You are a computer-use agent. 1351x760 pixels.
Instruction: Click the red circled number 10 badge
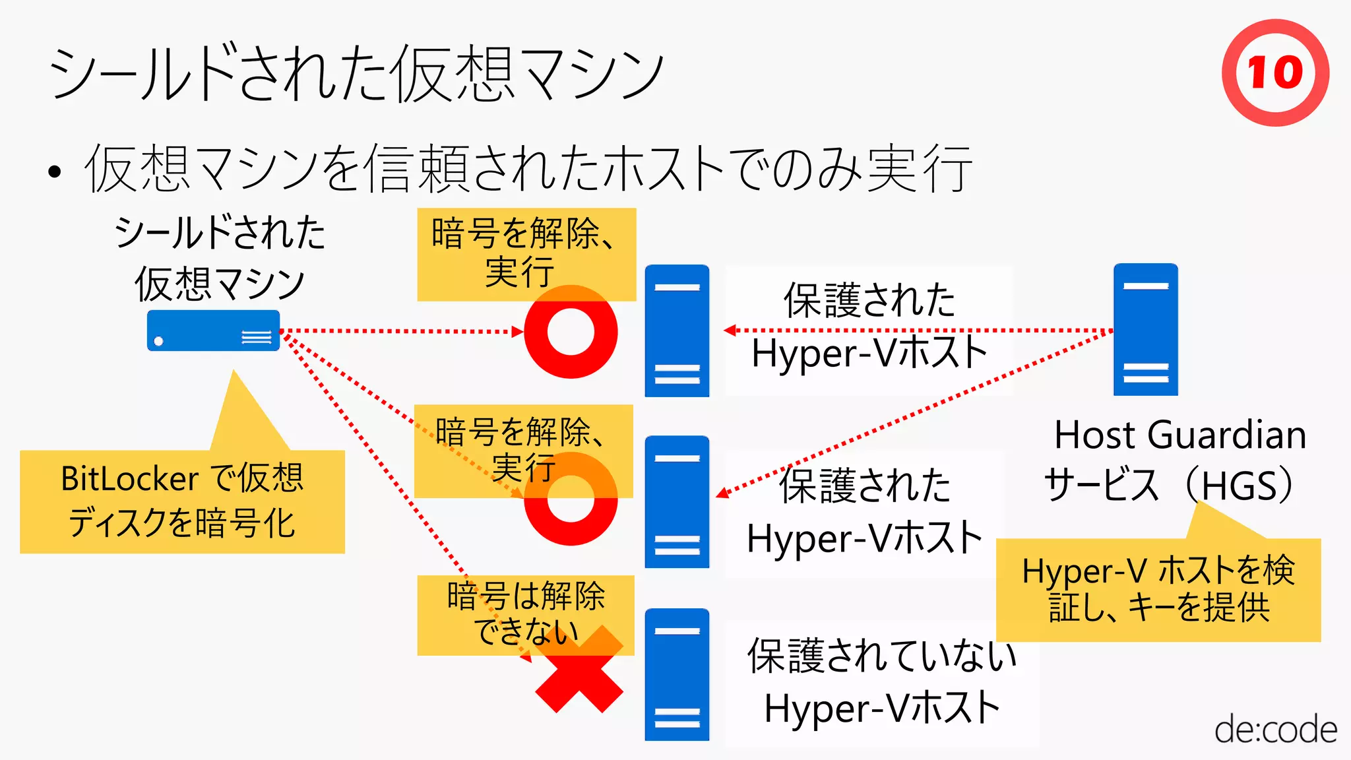pyautogui.click(x=1275, y=73)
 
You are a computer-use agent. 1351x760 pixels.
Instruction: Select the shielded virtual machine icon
pyautogui.click(x=213, y=331)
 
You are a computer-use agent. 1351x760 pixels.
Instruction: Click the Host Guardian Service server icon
pyautogui.click(x=1145, y=330)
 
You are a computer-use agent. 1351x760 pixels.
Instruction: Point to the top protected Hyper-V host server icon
pyautogui.click(x=677, y=331)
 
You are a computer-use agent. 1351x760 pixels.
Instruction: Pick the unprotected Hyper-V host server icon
pyautogui.click(x=677, y=674)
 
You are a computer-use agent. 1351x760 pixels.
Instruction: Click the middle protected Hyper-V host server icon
pyautogui.click(x=677, y=502)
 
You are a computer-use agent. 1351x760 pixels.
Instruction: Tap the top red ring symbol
pyautogui.click(x=571, y=332)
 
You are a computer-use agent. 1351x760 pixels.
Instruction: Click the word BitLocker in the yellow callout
pyautogui.click(x=129, y=479)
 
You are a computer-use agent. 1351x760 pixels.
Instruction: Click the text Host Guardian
pyautogui.click(x=1179, y=435)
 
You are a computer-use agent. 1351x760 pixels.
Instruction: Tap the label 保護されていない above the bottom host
pyautogui.click(x=881, y=657)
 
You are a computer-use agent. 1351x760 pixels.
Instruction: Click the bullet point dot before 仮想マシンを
pyautogui.click(x=55, y=172)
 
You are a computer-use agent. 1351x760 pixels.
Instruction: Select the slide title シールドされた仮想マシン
pyautogui.click(x=356, y=74)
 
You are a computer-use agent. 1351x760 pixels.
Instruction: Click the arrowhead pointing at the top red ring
pyautogui.click(x=518, y=331)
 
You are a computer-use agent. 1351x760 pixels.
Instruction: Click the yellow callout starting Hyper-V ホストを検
pyautogui.click(x=1158, y=590)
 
